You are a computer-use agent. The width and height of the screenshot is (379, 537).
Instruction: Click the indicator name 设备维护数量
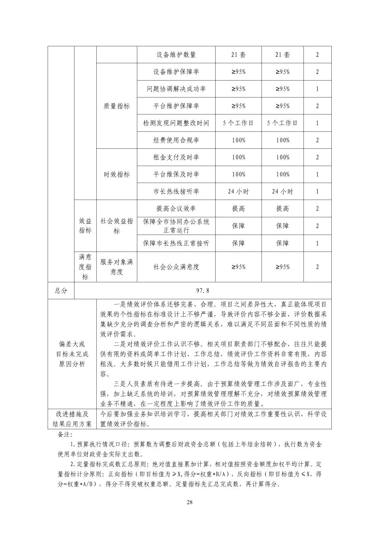(x=176, y=55)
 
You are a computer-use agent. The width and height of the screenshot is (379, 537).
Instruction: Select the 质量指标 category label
(x=116, y=106)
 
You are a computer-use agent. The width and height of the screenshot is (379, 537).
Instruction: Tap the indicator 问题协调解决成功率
(x=176, y=89)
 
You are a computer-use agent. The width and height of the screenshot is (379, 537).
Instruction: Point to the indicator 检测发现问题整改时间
(x=176, y=123)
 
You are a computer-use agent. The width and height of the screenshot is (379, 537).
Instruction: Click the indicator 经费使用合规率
(x=176, y=140)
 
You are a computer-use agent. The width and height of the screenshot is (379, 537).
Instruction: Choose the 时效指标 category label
(x=116, y=174)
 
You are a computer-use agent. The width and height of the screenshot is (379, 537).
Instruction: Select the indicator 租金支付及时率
(x=176, y=157)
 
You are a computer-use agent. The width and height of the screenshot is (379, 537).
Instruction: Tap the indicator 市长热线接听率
(x=176, y=191)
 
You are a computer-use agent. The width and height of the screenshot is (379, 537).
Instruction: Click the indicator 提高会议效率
(x=176, y=208)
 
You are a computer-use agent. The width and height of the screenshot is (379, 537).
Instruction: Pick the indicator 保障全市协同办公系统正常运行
(x=176, y=226)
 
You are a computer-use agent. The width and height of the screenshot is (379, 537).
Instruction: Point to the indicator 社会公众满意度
(x=176, y=267)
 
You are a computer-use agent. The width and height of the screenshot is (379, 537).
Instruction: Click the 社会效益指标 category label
(x=116, y=226)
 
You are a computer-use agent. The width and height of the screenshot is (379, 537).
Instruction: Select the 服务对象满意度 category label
(x=116, y=267)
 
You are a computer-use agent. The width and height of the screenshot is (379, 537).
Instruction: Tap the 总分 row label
(x=61, y=290)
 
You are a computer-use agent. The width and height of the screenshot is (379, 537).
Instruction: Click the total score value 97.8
(x=203, y=290)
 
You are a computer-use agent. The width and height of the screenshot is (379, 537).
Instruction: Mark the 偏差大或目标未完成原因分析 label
(x=72, y=354)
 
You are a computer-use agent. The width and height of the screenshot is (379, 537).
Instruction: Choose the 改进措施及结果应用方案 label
(x=72, y=419)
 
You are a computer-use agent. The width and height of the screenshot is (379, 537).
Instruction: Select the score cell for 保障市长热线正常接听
(x=317, y=243)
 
